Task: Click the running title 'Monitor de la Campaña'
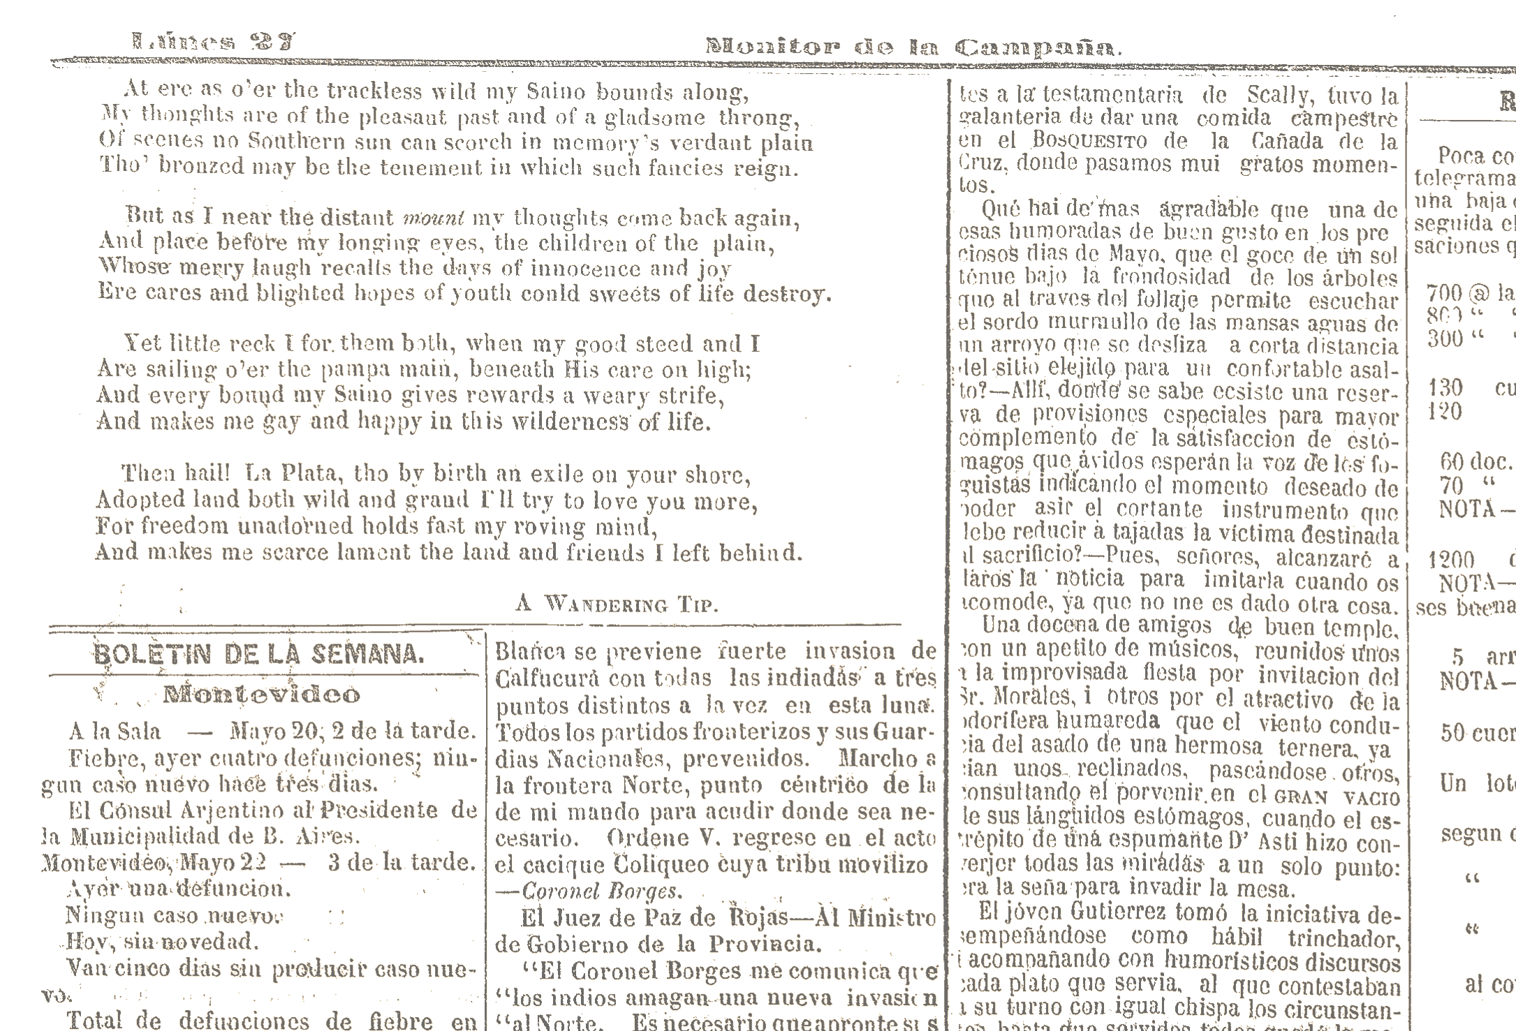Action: point(913,47)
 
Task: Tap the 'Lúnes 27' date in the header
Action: point(214,42)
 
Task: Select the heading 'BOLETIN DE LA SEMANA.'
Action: point(258,654)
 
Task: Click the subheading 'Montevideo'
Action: point(262,695)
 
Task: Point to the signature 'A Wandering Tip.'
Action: point(617,604)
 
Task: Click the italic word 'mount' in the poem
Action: point(434,218)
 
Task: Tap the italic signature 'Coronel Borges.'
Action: point(601,891)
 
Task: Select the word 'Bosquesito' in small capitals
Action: point(1090,141)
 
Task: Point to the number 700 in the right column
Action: point(1444,294)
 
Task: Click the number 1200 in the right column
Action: point(1451,560)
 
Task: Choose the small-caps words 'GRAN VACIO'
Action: point(1337,796)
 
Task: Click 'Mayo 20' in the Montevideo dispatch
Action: point(274,732)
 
